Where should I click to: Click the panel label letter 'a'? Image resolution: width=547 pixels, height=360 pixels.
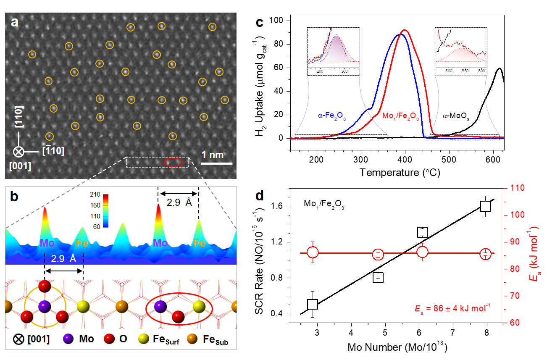15,23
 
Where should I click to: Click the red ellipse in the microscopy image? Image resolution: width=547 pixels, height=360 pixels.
173,162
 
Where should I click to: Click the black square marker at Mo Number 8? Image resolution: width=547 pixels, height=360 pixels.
486,206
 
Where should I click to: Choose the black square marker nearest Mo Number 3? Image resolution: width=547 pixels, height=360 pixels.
313,305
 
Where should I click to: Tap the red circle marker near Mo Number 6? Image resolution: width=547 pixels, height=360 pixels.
422,252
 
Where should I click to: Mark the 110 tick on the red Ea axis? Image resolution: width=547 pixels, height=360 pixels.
504,188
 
